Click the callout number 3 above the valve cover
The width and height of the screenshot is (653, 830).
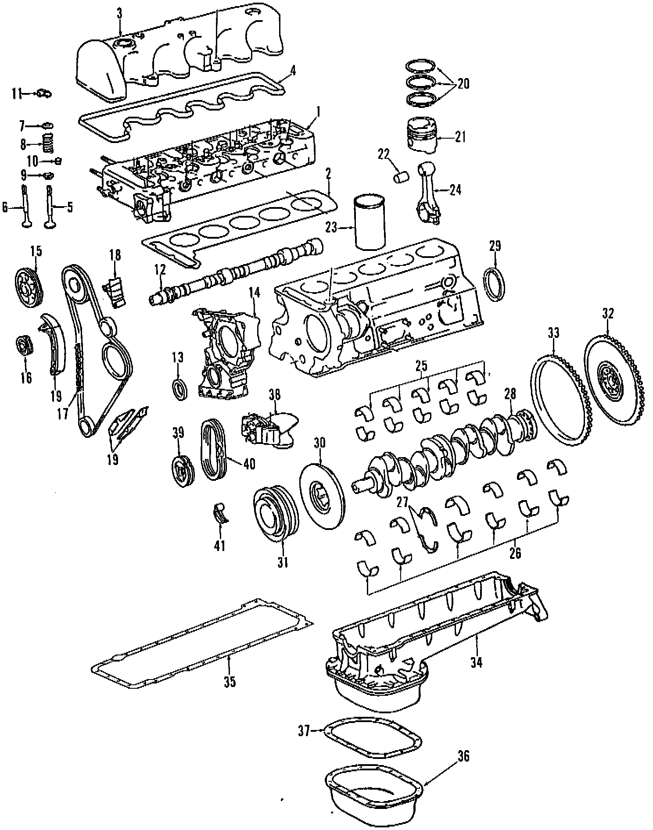119,13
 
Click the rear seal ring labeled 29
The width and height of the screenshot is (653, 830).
495,285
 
